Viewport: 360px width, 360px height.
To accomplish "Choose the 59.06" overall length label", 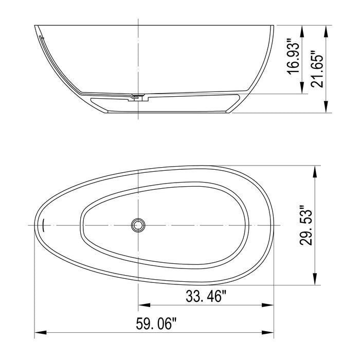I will (x=156, y=324).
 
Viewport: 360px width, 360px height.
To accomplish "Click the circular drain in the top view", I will (x=138, y=225).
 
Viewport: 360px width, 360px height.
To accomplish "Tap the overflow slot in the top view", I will (x=44, y=225).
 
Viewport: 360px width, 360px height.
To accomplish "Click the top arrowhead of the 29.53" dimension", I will (x=315, y=170).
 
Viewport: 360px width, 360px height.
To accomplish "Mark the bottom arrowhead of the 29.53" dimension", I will (x=315, y=280).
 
